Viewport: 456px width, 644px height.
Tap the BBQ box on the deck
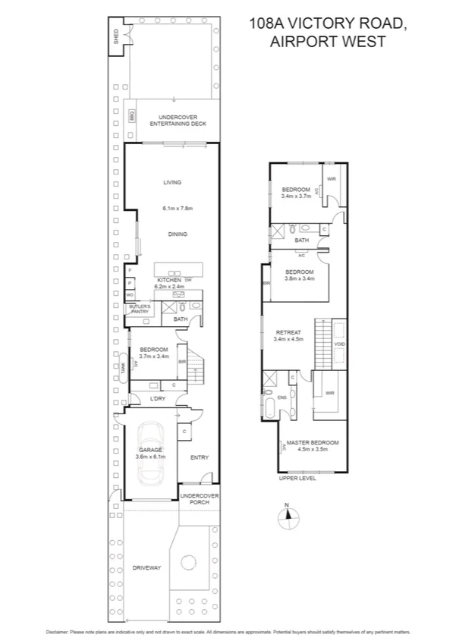point(131,116)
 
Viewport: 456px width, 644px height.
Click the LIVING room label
point(172,182)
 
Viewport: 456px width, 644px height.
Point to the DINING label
point(178,234)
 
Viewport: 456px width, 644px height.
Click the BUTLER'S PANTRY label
point(140,309)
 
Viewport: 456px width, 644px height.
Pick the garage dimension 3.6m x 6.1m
point(150,457)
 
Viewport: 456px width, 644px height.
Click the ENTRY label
point(200,457)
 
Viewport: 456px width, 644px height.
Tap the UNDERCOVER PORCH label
point(199,499)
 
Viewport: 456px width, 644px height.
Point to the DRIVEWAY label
point(147,568)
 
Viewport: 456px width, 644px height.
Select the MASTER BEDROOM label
point(313,442)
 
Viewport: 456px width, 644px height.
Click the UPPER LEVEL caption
point(296,479)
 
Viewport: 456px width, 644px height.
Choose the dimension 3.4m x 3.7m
point(296,196)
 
